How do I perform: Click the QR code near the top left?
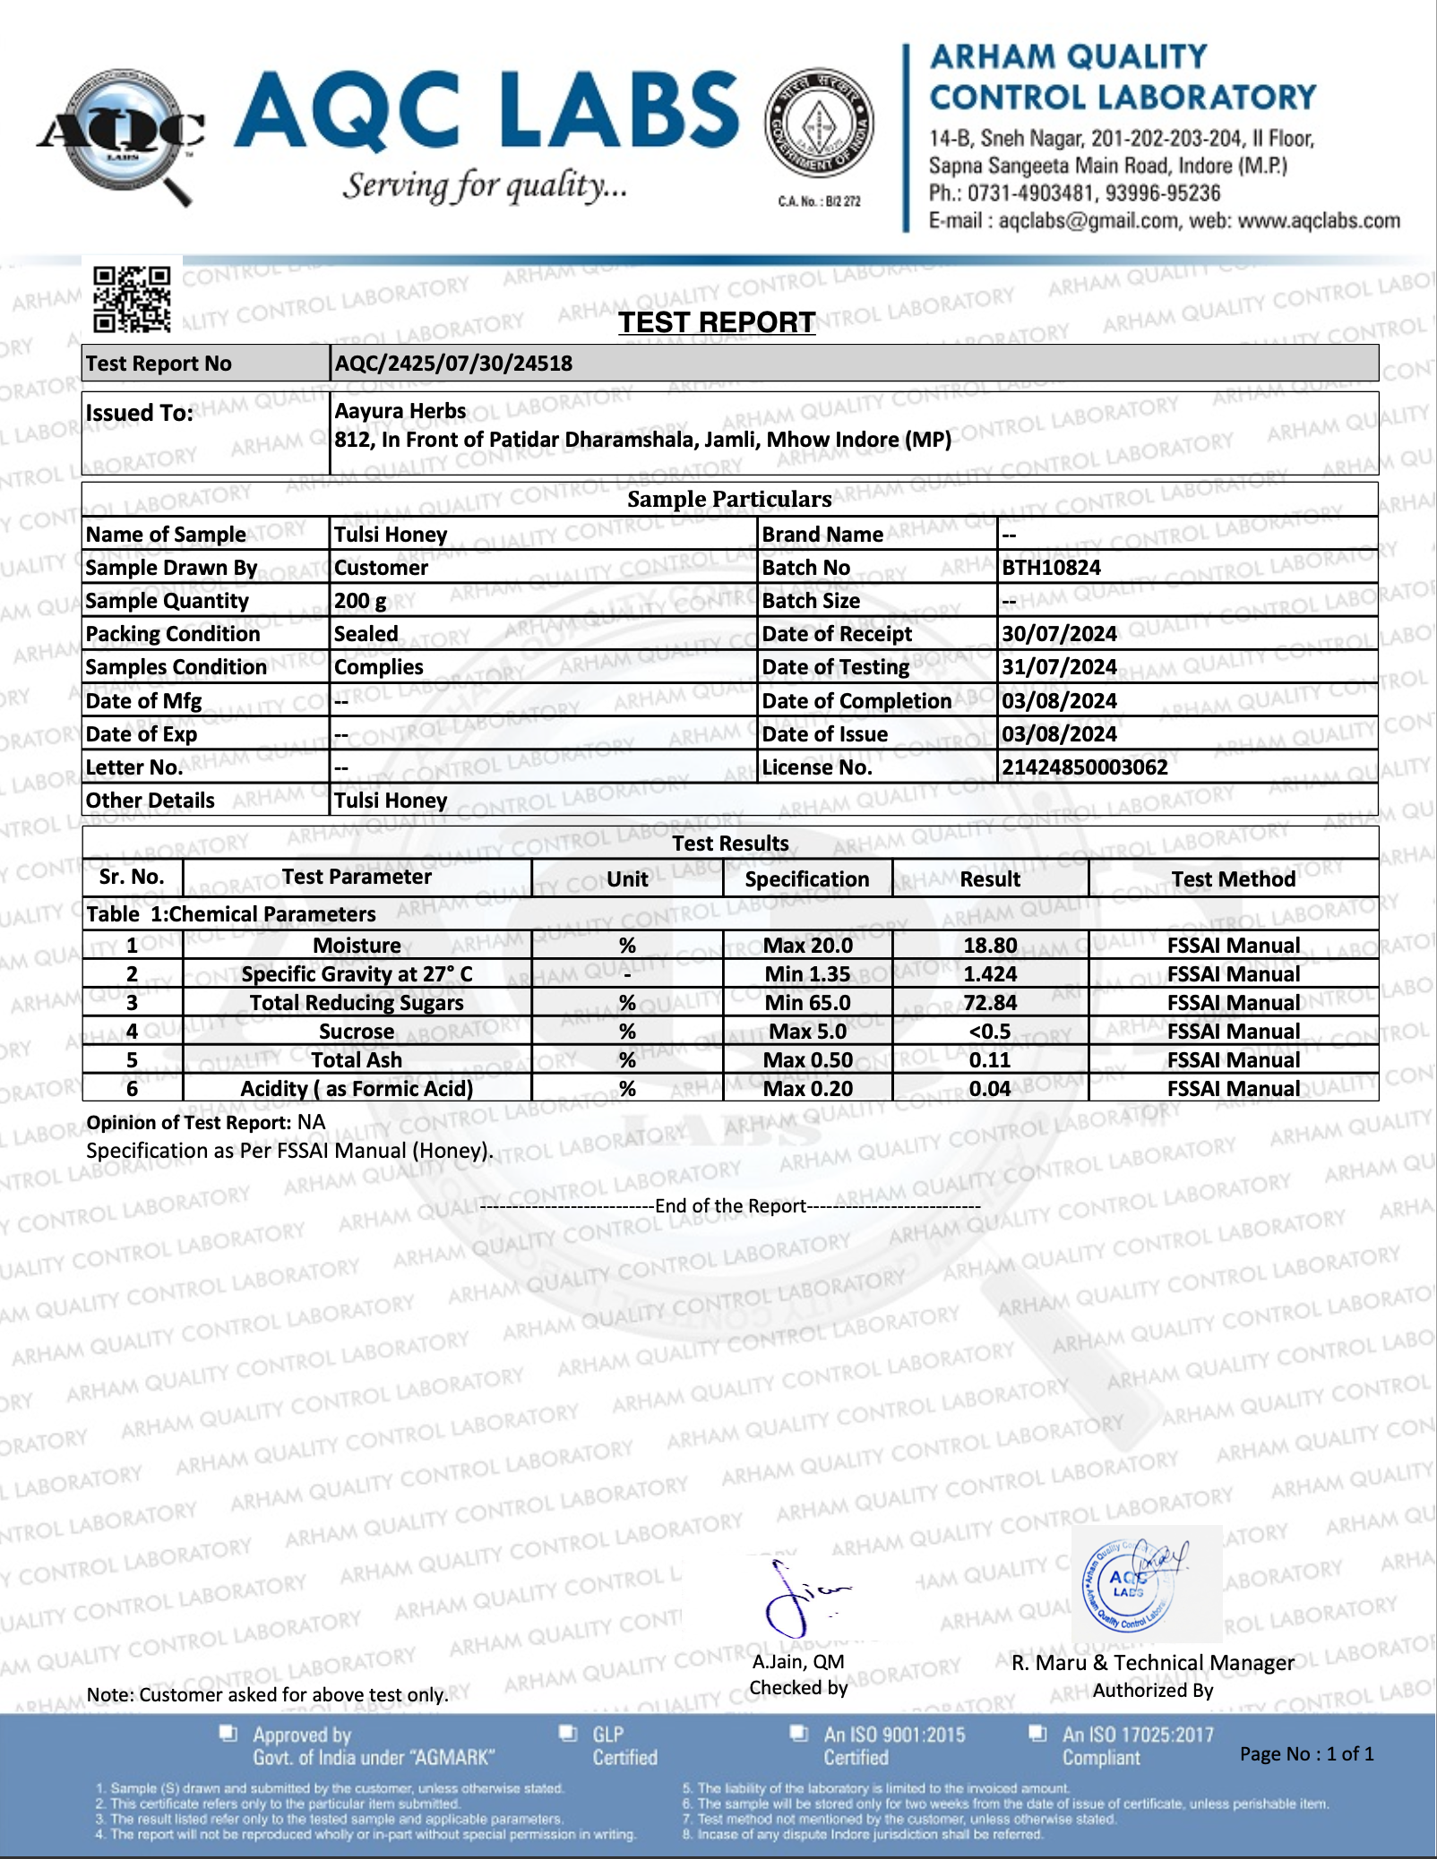132,299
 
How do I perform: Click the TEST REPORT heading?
717,322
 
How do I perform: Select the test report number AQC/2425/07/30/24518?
453,364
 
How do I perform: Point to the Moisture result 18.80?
990,946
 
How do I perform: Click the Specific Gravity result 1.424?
990,974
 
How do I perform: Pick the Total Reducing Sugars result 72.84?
990,1003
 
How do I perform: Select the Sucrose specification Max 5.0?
807,1032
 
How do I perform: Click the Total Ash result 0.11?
990,1060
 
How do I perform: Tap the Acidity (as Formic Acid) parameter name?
357,1089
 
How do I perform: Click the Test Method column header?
1233,879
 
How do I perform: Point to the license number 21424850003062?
1084,767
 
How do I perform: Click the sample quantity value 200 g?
360,601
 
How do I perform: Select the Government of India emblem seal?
819,123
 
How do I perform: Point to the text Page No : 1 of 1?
1306,1754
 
